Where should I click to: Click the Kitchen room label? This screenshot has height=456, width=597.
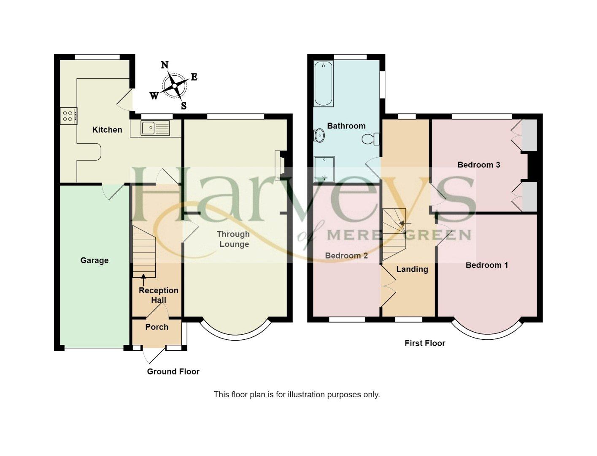[x=107, y=130]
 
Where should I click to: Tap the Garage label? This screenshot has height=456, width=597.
[x=95, y=260]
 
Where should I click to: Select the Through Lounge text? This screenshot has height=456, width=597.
[x=234, y=239]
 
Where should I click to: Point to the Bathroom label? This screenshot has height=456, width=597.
[x=346, y=126]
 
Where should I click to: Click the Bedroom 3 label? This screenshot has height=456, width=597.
[x=479, y=165]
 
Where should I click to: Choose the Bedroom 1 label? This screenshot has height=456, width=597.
[x=486, y=265]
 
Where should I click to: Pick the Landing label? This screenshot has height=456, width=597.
[x=412, y=269]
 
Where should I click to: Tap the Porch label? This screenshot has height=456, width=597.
[x=157, y=327]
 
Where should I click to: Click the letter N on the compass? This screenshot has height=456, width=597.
[x=165, y=65]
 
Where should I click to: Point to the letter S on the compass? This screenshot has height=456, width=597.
[x=184, y=106]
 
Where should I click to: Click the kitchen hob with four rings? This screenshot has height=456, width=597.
[x=68, y=115]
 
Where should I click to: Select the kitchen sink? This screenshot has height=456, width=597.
[x=150, y=128]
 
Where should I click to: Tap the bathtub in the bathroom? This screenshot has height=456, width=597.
[x=324, y=83]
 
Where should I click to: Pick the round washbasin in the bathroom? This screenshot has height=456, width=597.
[x=319, y=136]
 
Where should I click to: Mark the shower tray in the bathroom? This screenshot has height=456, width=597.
[x=324, y=169]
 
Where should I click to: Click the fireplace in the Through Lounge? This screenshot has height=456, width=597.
[x=279, y=165]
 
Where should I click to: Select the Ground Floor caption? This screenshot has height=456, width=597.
[x=173, y=371]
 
